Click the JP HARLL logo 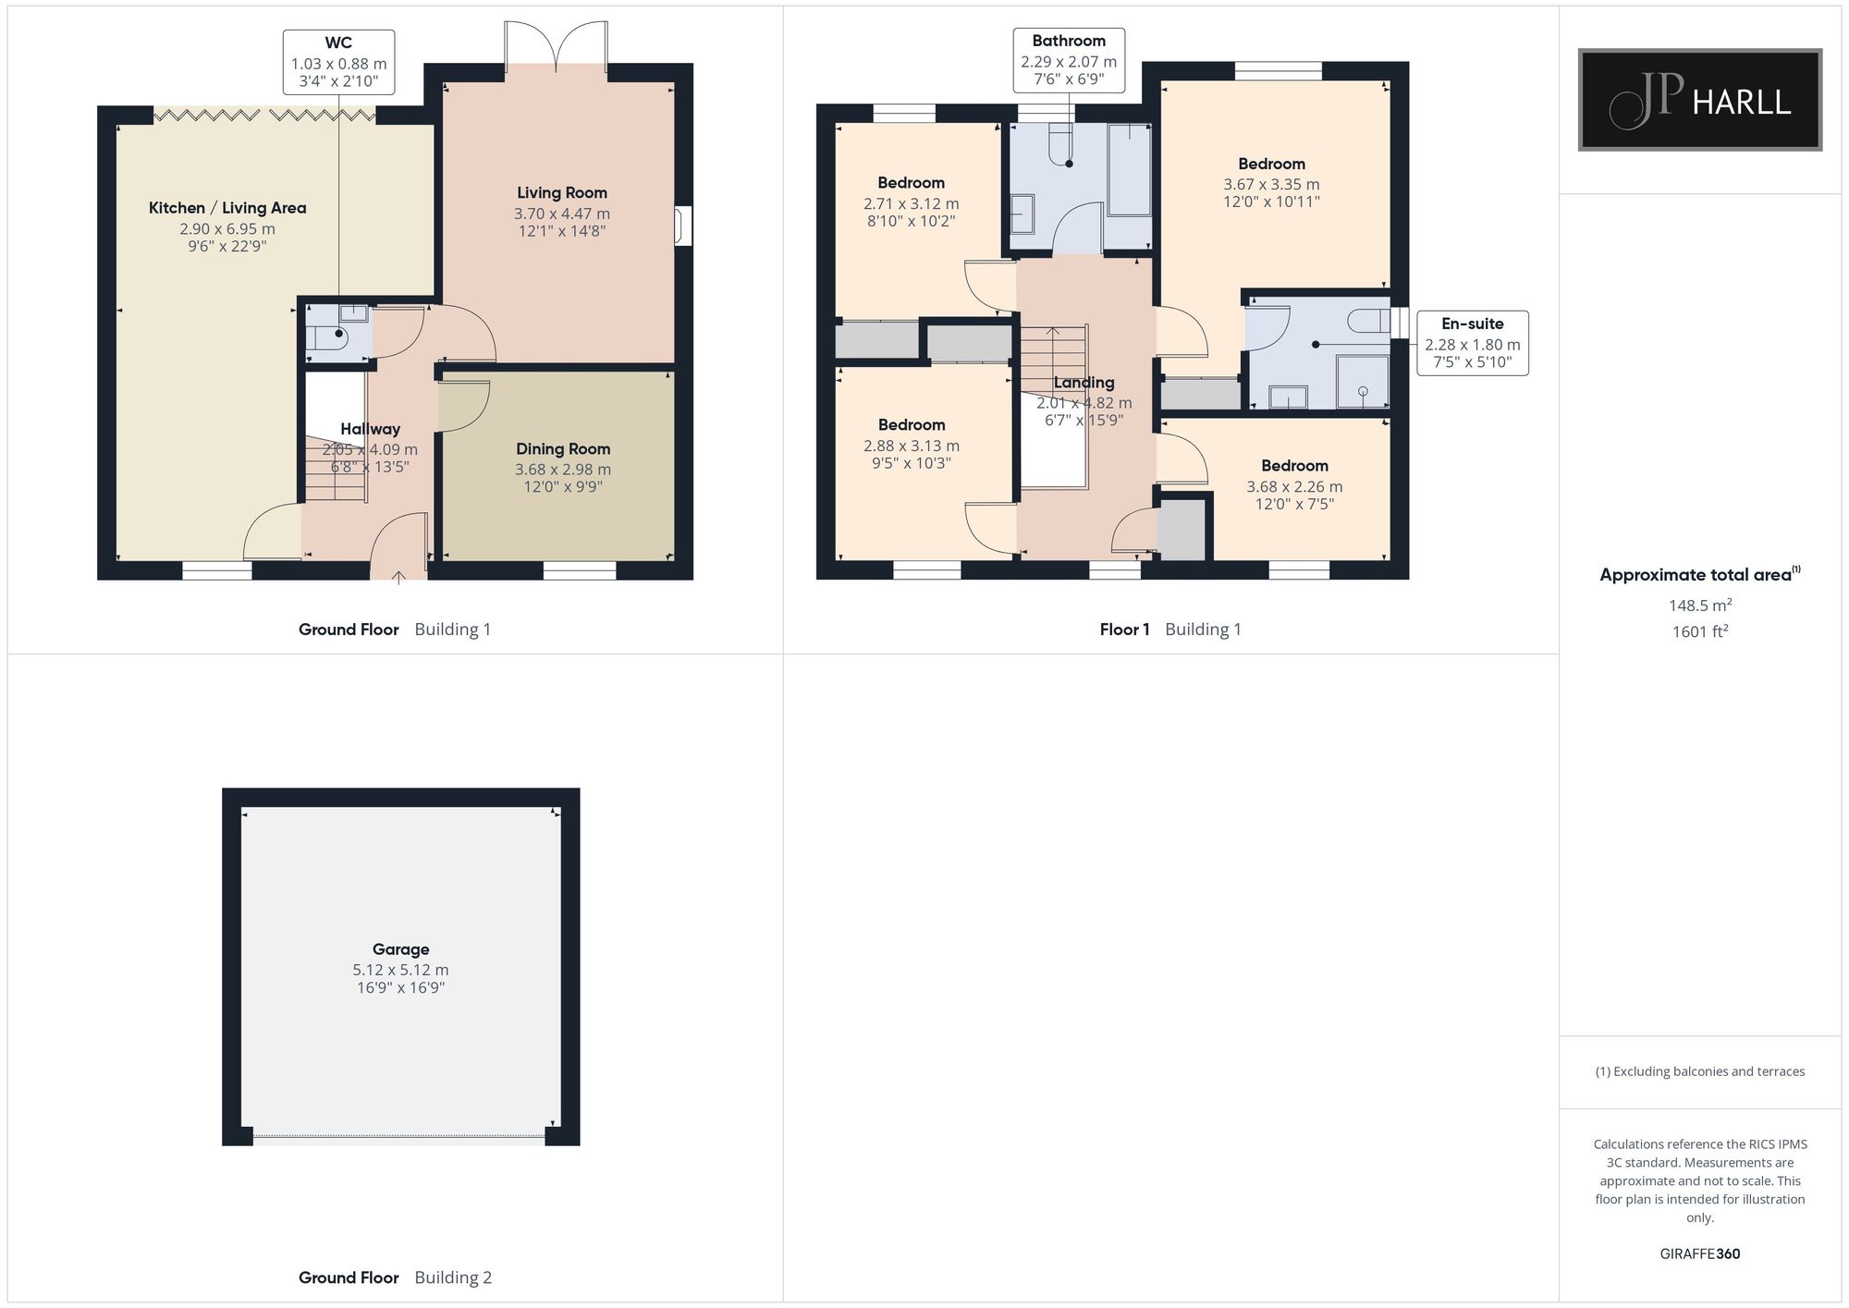coord(1699,100)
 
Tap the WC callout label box coord(338,62)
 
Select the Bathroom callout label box coord(1069,60)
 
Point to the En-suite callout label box coord(1472,343)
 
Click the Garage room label coord(400,949)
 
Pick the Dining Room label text coord(563,449)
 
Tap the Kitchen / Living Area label coord(227,208)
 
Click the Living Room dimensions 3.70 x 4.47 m coord(562,214)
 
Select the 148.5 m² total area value coord(1700,605)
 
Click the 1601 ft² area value coord(1700,631)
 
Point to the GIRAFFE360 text coord(1700,1254)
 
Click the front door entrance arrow coord(398,578)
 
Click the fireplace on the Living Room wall coord(683,226)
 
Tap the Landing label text coord(1084,383)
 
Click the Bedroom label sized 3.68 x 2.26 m coord(1294,466)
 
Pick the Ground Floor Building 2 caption coord(395,1277)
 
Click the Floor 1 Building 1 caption coord(1170,630)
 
